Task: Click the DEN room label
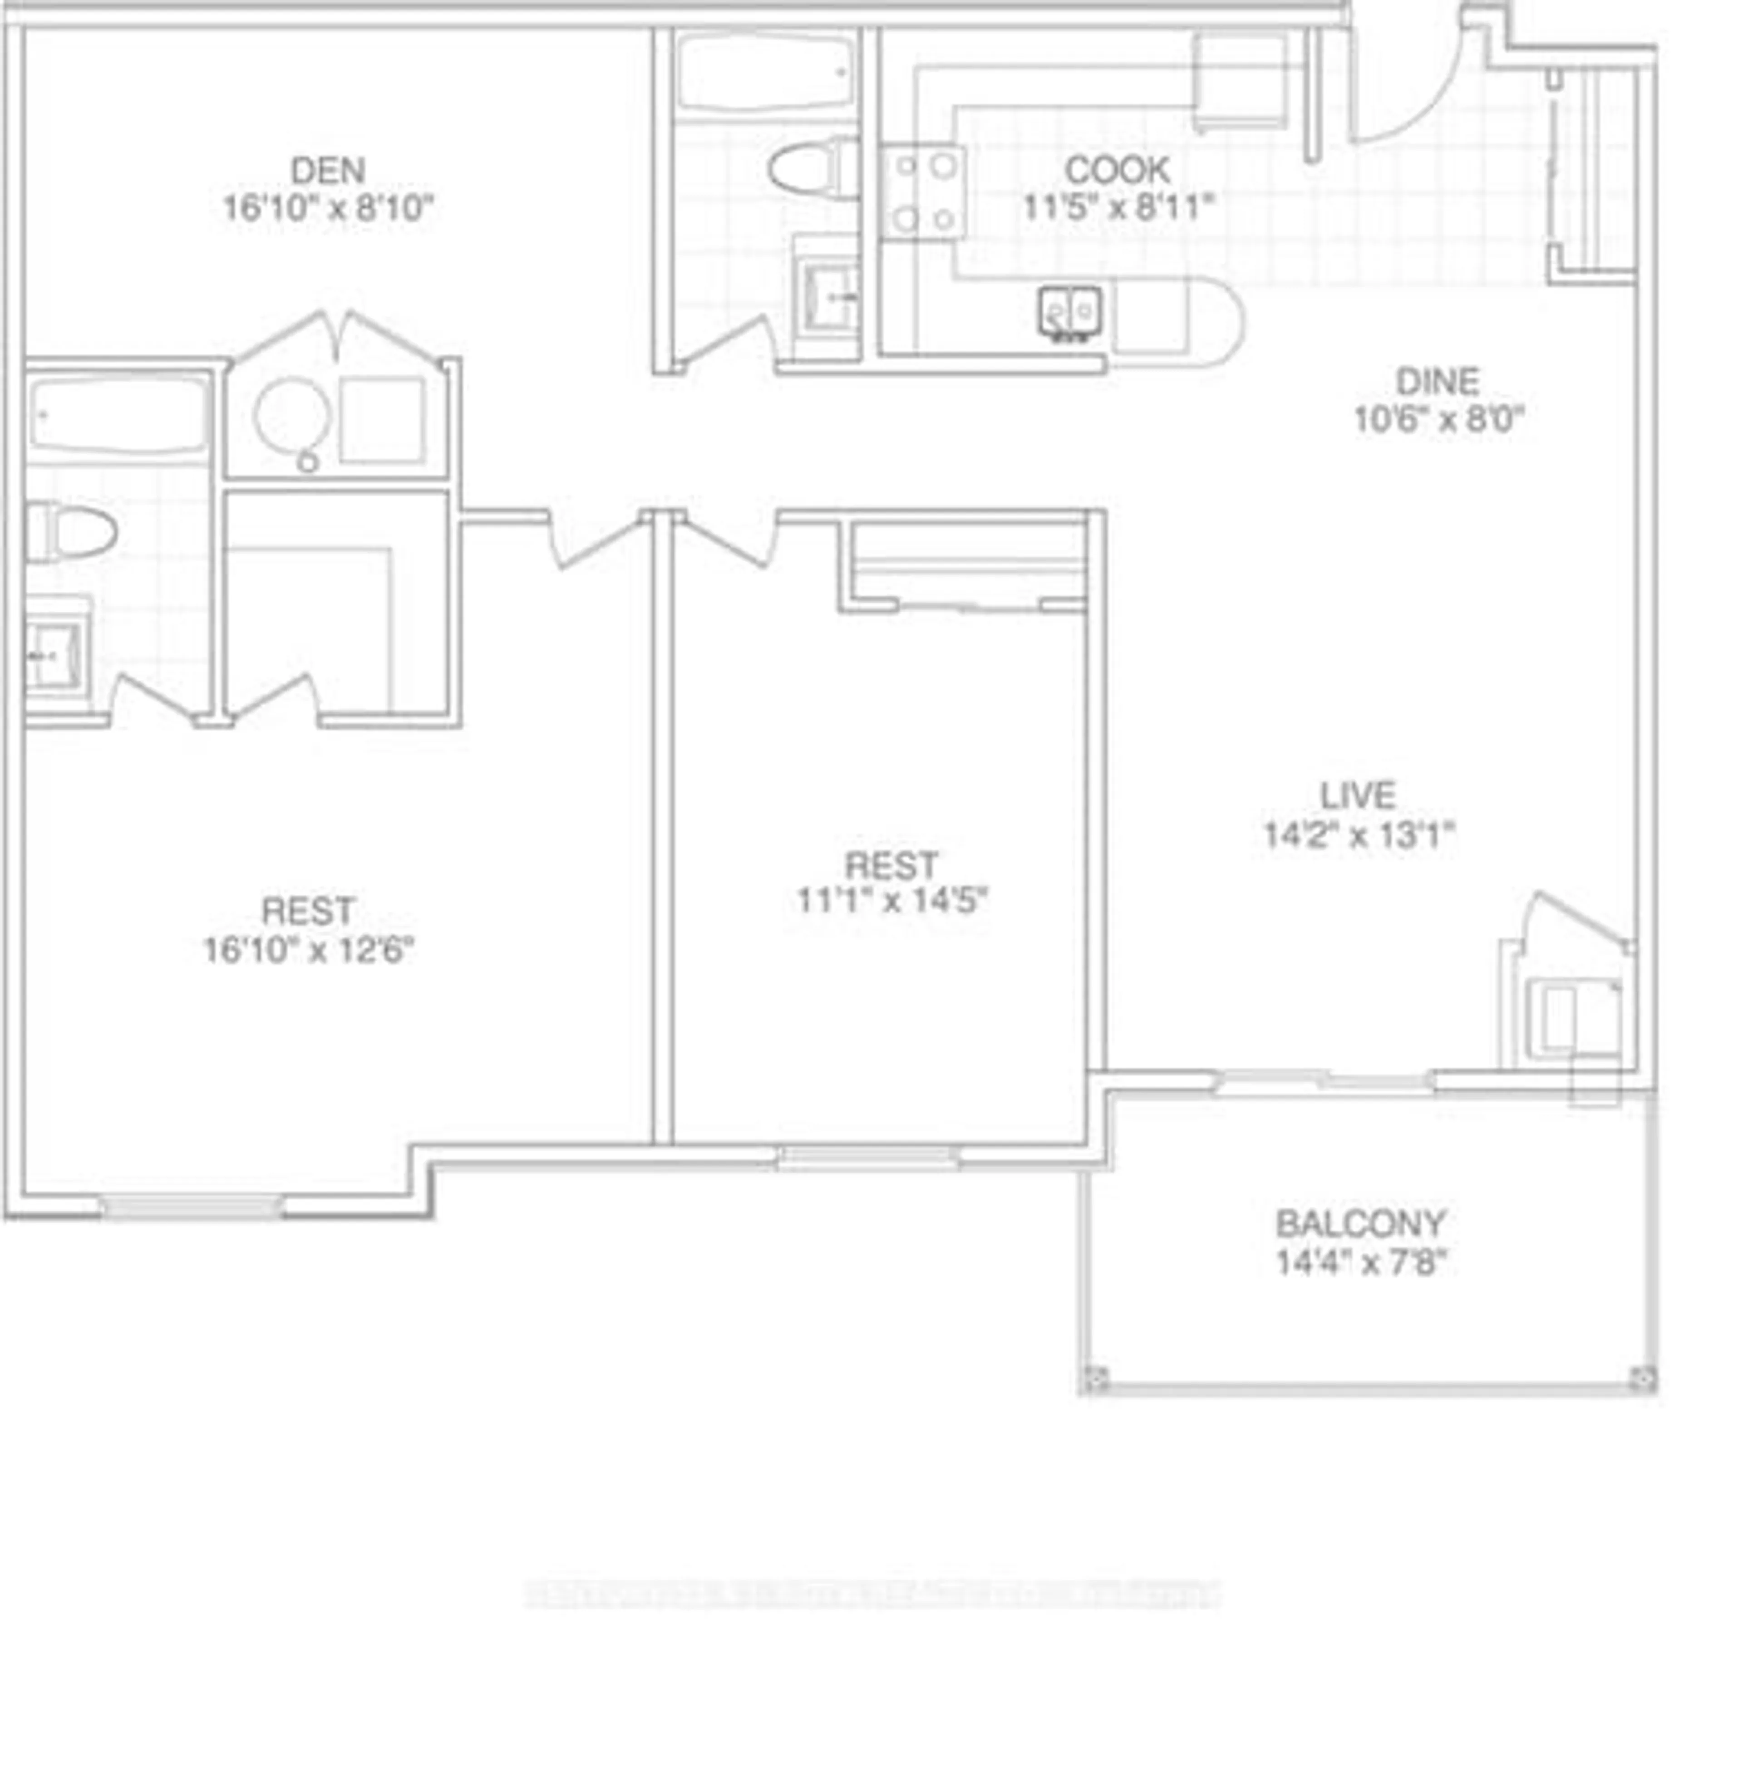(x=328, y=170)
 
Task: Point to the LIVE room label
(x=1358, y=795)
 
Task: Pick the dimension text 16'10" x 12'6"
(x=309, y=950)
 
